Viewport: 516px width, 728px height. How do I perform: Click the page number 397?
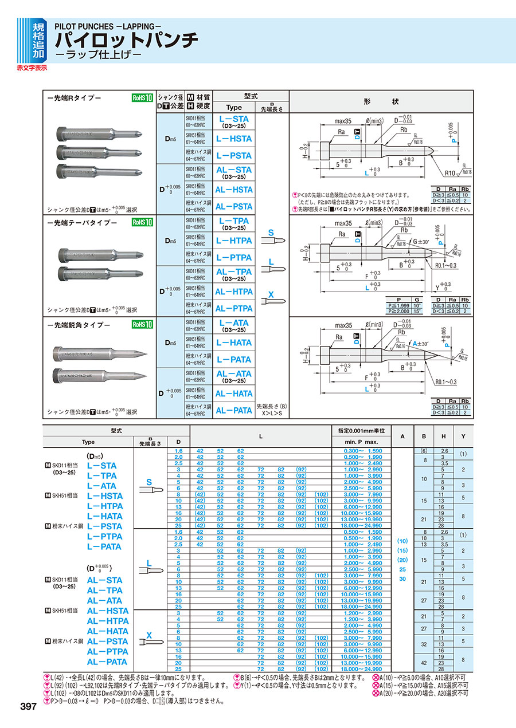coord(27,706)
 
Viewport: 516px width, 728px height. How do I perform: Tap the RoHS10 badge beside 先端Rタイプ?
coord(142,98)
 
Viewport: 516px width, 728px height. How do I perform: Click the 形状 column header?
coord(381,101)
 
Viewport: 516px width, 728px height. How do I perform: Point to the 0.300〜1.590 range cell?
coord(362,451)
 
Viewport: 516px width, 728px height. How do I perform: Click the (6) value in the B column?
coord(425,451)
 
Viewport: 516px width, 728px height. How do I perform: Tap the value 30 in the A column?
coord(402,579)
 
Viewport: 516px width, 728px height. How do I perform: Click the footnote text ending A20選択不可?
coord(423,692)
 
